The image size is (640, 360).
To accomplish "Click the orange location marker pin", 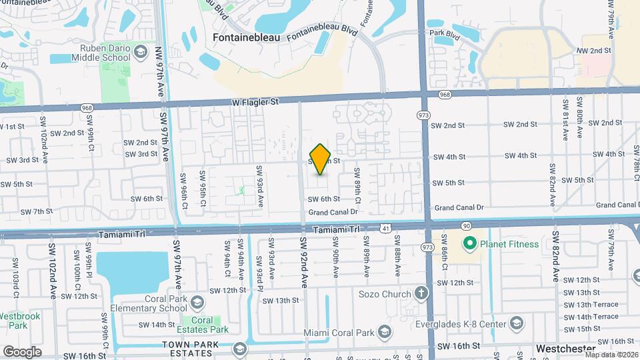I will click(321, 159).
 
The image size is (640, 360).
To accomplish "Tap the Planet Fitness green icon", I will click(469, 244).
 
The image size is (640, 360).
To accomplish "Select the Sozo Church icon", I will click(421, 293).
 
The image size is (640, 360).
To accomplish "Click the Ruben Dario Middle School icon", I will click(140, 52).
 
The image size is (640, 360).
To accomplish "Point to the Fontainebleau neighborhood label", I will click(245, 38).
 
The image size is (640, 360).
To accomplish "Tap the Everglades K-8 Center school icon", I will click(515, 324).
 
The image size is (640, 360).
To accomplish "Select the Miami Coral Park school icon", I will click(384, 332).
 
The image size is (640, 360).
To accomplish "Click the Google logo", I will click(22, 351).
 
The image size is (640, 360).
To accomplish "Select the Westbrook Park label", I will click(14, 320).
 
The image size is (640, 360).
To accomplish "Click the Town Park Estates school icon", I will click(239, 349).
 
